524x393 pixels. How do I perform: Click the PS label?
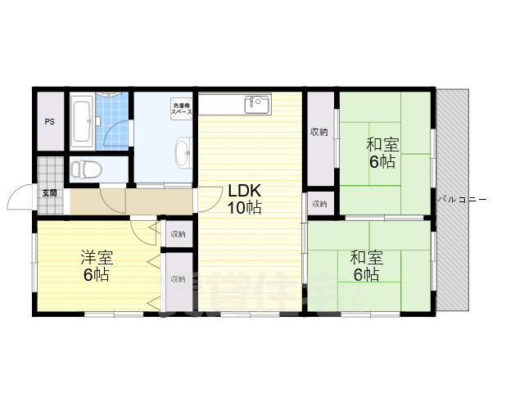(x=50, y=122)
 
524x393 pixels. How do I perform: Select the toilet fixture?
(x=82, y=169)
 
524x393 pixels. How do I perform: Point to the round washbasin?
(x=182, y=151)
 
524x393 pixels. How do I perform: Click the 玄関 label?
(x=50, y=193)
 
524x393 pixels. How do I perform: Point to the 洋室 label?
(x=96, y=257)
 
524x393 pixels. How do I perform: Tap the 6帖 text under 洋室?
(x=96, y=275)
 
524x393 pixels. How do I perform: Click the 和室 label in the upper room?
(x=382, y=145)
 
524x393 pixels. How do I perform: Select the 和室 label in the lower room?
(x=366, y=257)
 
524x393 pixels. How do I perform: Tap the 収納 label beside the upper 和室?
(x=319, y=132)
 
